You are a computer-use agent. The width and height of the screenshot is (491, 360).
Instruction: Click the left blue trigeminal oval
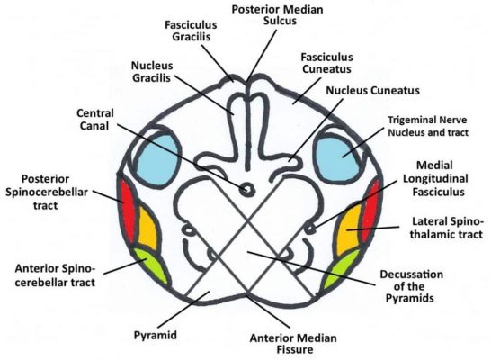(146, 155)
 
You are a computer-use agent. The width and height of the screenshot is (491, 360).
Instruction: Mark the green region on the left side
(145, 266)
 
